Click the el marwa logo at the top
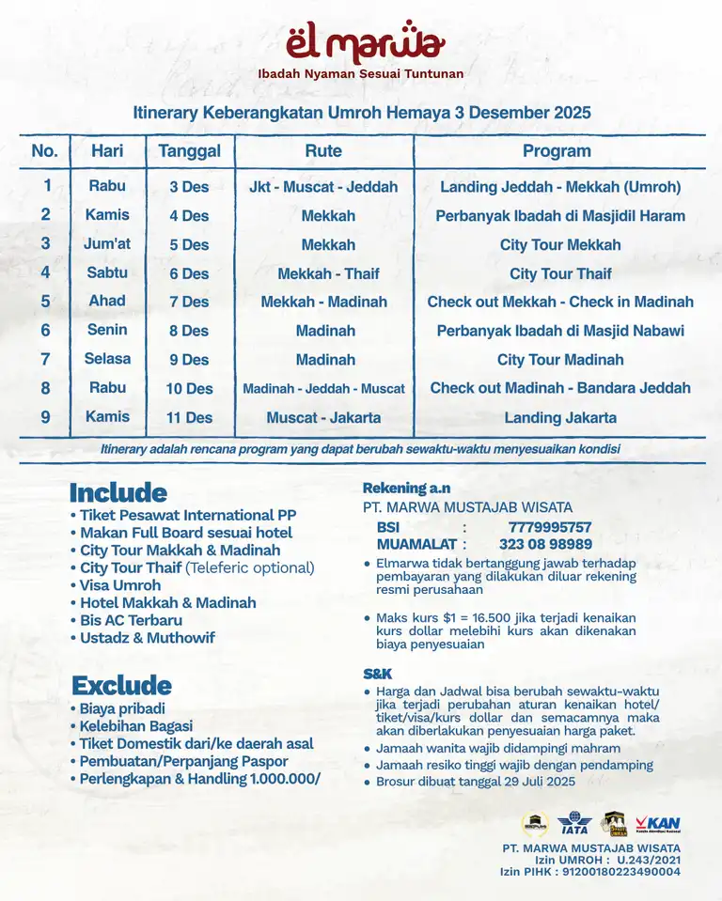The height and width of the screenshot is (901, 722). coord(360,43)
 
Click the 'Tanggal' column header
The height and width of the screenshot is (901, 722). coord(189,151)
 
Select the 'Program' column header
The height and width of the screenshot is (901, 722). coord(557,151)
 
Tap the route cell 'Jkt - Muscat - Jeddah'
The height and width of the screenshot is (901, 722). coord(323,187)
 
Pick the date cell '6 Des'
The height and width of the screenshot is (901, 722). coord(189,273)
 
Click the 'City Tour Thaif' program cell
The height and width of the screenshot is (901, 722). coord(560,273)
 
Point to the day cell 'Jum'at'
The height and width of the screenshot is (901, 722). coord(107,244)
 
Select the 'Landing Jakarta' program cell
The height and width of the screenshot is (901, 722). coord(560,417)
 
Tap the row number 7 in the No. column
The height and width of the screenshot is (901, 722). coord(45,359)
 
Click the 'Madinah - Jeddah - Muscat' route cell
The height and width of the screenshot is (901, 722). coord(323,388)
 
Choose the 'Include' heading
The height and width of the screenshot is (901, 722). coord(118,492)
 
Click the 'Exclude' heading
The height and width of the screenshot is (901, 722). coord(121,685)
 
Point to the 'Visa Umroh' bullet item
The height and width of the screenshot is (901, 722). coord(119,585)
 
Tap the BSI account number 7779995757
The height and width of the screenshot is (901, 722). coord(550,527)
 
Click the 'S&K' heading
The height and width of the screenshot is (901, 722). coord(379,674)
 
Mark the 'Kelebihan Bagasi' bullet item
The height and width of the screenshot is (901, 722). coord(135,726)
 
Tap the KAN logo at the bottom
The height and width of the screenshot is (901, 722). coord(657,824)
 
